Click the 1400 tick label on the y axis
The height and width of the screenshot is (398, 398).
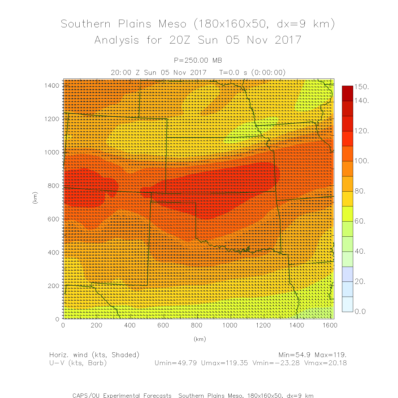(x=52, y=85)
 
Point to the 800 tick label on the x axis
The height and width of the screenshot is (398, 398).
(x=197, y=325)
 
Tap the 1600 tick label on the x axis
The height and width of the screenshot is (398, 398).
(x=330, y=325)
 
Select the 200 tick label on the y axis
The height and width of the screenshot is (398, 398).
(x=54, y=286)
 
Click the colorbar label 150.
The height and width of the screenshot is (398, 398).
(x=362, y=87)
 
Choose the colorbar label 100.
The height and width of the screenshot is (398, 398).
(x=362, y=161)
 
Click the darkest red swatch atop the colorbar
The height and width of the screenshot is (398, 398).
(x=347, y=93)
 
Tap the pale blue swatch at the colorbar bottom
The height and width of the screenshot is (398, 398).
(x=347, y=304)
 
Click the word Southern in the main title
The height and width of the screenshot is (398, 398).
(x=85, y=24)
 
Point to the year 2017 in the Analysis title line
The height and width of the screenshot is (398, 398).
(x=288, y=40)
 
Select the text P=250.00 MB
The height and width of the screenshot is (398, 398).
(x=198, y=60)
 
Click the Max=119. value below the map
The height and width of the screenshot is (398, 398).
(x=331, y=355)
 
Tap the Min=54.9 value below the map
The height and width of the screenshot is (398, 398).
(x=294, y=355)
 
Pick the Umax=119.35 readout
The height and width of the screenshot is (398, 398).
(x=224, y=363)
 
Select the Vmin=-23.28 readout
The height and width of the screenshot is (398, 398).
(x=276, y=363)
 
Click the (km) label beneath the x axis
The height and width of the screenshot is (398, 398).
(x=200, y=339)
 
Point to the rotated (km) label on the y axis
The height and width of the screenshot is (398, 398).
(x=35, y=198)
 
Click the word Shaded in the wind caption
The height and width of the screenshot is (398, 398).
(x=125, y=355)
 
